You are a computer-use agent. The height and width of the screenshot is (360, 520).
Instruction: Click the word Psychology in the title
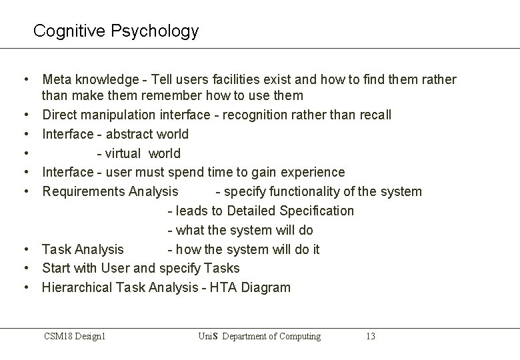[161, 31]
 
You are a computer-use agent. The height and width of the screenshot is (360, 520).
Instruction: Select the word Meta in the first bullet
[56, 80]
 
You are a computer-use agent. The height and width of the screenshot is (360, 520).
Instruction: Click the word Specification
[317, 211]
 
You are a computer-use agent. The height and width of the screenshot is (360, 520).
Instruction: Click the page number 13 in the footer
[371, 336]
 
